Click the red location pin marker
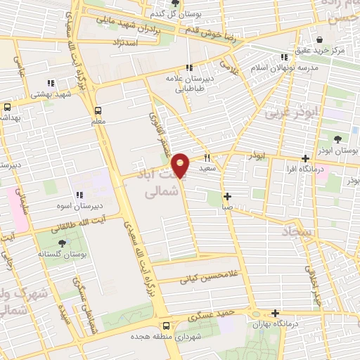point(181,166)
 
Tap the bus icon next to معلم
point(98,110)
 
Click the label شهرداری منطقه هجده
point(166,337)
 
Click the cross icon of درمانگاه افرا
point(305,158)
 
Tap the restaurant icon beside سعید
point(207,157)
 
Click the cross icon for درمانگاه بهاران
point(275,314)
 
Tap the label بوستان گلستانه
point(63,254)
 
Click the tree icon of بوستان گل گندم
point(176,3)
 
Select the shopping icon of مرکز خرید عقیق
point(320,39)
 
